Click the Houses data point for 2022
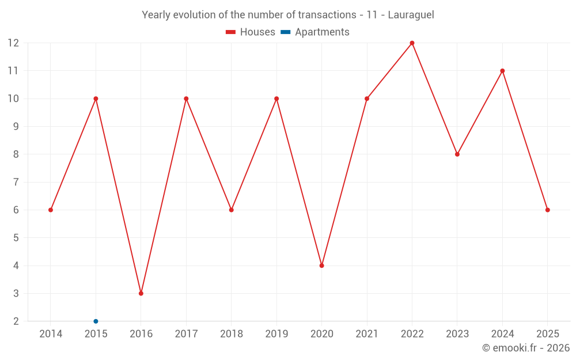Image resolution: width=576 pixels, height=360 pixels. click(x=412, y=43)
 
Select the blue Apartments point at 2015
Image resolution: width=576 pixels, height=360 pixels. click(x=96, y=321)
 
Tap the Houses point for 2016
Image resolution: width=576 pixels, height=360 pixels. click(x=141, y=293)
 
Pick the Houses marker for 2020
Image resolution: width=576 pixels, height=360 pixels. click(x=321, y=266)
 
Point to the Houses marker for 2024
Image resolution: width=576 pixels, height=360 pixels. click(x=502, y=71)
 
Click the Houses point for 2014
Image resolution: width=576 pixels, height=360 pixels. click(x=51, y=210)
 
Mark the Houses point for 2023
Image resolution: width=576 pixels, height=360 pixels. click(x=457, y=154)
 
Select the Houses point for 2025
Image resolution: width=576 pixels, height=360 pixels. click(x=547, y=210)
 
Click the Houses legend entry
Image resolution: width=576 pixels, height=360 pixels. click(x=251, y=32)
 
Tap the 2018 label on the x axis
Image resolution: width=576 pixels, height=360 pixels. click(x=231, y=334)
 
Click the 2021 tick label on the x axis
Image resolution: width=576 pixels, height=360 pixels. click(x=367, y=334)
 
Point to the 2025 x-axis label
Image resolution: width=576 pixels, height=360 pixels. click(x=547, y=334)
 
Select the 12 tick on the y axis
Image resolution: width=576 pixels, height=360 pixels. click(x=13, y=43)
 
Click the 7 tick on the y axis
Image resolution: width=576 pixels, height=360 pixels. click(x=16, y=182)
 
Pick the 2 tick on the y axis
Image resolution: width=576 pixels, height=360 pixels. click(x=16, y=321)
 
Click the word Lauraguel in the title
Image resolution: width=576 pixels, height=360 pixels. click(x=411, y=14)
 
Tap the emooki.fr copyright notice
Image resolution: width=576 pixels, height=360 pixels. click(x=525, y=348)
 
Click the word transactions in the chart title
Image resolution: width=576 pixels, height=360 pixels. click(x=327, y=14)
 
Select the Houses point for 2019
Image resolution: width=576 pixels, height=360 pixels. click(x=276, y=98)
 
